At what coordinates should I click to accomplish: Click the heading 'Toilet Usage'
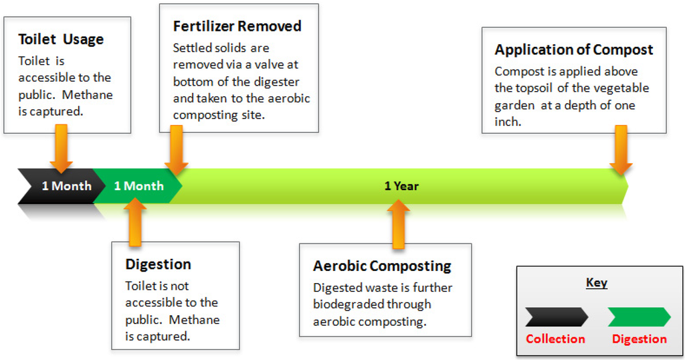pyautogui.click(x=61, y=39)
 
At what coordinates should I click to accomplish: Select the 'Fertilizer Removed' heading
pyautogui.click(x=237, y=26)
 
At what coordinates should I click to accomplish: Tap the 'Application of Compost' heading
pyautogui.click(x=574, y=50)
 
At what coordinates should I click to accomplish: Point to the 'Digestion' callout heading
pyautogui.click(x=158, y=264)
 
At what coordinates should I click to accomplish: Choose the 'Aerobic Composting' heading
pyautogui.click(x=382, y=266)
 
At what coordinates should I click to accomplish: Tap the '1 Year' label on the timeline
pyautogui.click(x=401, y=186)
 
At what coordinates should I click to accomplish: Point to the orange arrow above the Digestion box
pyautogui.click(x=135, y=221)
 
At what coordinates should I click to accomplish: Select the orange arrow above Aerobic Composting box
pyautogui.click(x=399, y=223)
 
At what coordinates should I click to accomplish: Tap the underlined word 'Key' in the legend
pyautogui.click(x=596, y=282)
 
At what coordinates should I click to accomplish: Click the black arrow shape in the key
pyautogui.click(x=556, y=317)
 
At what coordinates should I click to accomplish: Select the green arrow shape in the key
pyautogui.click(x=638, y=317)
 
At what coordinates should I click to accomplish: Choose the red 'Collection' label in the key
pyautogui.click(x=555, y=339)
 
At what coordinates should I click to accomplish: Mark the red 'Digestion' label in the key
pyautogui.click(x=639, y=339)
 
